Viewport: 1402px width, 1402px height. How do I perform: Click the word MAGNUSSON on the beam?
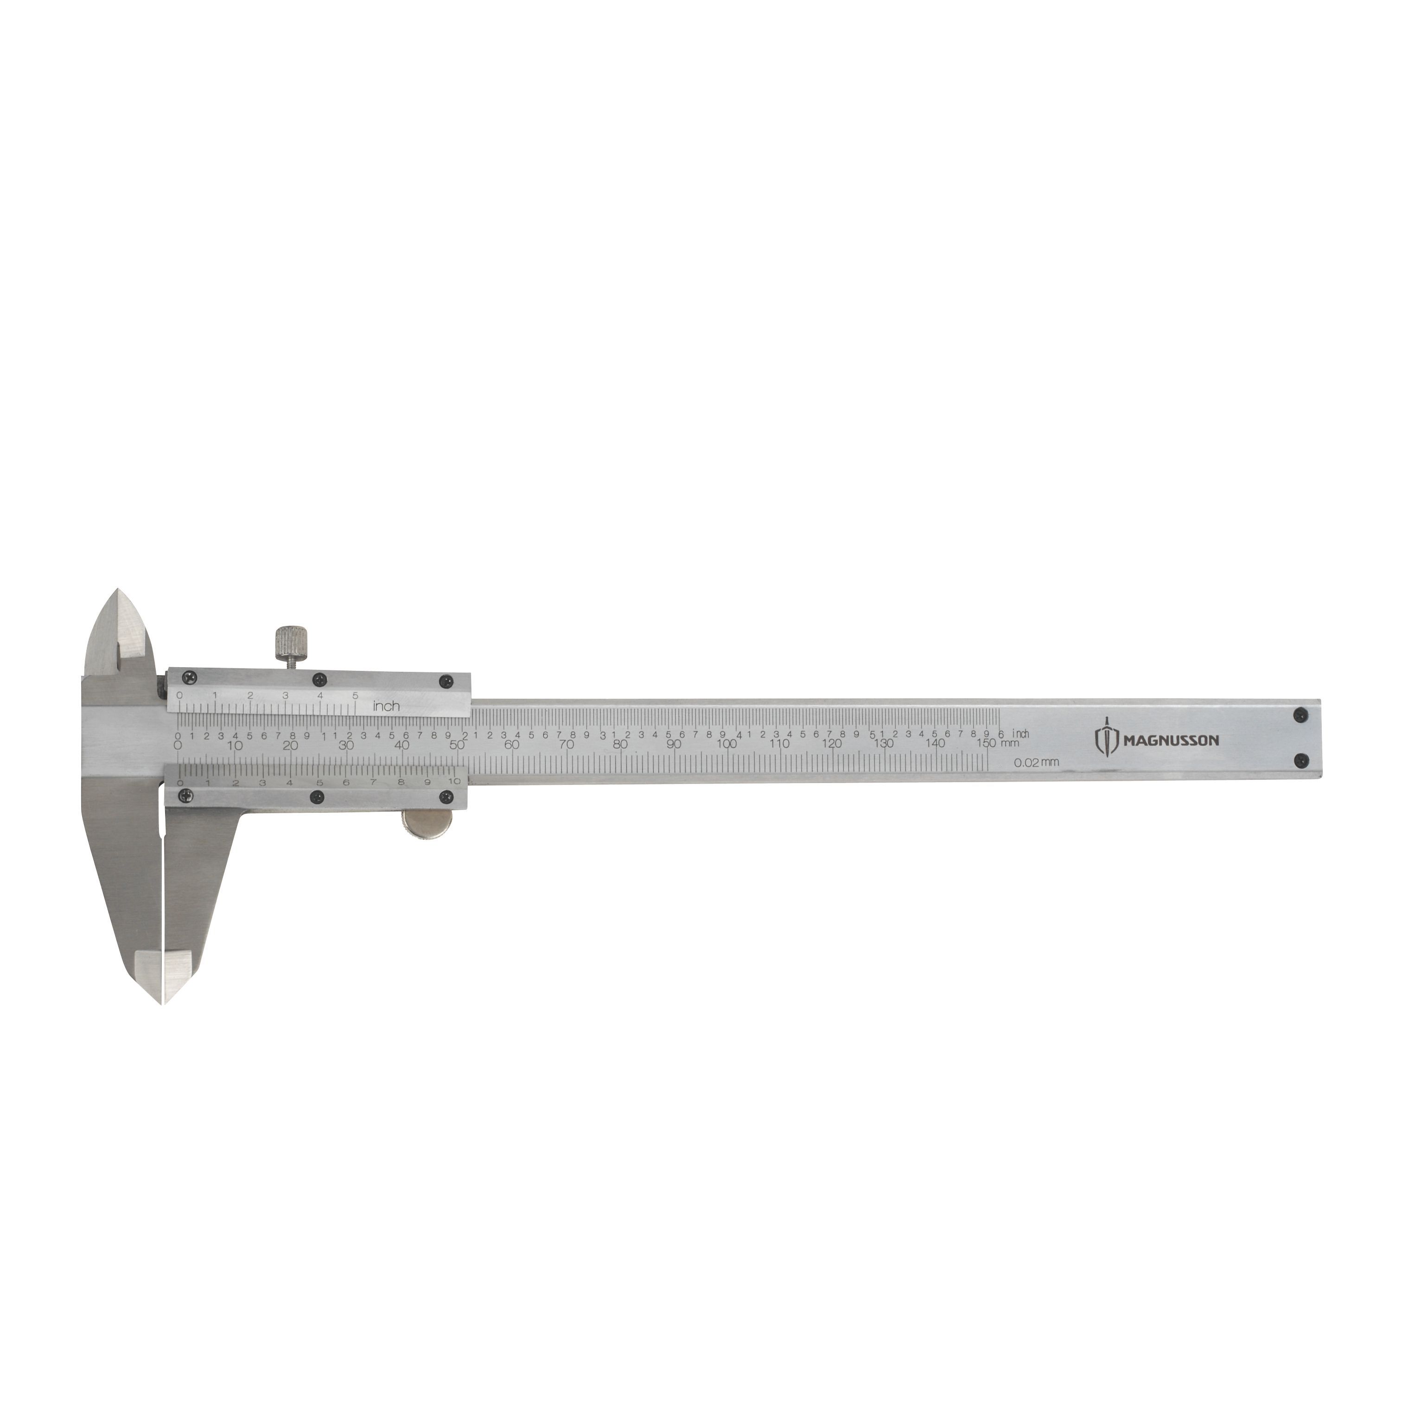click(1171, 741)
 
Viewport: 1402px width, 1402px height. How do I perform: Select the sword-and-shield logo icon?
click(1106, 739)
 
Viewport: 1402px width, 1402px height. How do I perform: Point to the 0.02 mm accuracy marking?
click(1036, 762)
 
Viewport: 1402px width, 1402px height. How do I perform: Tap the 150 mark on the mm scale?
click(986, 743)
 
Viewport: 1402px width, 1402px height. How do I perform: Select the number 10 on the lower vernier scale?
click(454, 781)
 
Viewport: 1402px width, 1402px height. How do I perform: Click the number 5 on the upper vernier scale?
click(355, 695)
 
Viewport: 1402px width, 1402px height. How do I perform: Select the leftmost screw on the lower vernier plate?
click(187, 797)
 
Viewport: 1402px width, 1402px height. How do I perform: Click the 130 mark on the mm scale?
click(883, 744)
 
